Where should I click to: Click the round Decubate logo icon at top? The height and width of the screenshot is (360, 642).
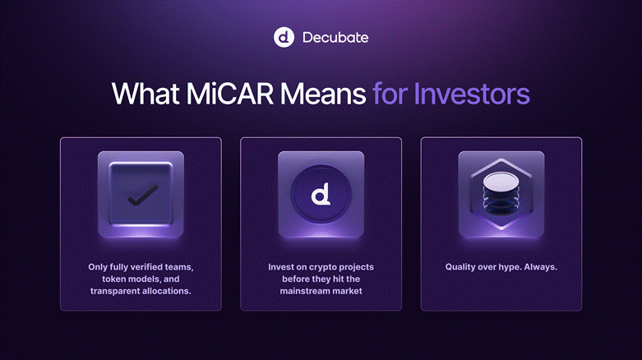(x=284, y=37)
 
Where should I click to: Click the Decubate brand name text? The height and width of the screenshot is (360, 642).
(x=335, y=38)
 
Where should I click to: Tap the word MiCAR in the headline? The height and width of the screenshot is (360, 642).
(x=229, y=94)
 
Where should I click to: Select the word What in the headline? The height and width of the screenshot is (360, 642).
(x=145, y=94)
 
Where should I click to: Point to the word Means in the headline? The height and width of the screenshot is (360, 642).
(x=323, y=94)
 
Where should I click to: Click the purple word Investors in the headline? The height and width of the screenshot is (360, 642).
(x=472, y=94)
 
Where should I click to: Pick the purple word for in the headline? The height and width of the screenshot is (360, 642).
(x=390, y=94)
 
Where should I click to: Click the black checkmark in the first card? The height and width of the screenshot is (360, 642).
(x=143, y=196)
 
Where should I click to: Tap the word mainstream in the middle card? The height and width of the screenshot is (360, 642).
(x=305, y=291)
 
